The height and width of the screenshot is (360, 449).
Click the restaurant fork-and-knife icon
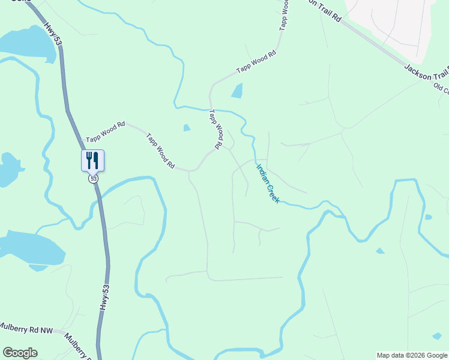click(92, 160)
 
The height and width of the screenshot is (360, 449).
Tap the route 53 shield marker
click(92, 179)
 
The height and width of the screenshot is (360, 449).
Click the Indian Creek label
click(268, 184)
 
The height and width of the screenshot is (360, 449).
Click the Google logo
click(20, 353)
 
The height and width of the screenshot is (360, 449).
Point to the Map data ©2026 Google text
click(412, 355)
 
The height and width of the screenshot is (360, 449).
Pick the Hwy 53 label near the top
click(53, 34)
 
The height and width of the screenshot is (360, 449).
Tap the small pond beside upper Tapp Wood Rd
click(237, 91)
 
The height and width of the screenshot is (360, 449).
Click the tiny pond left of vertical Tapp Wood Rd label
click(187, 127)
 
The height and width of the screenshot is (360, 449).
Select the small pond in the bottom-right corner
click(437, 336)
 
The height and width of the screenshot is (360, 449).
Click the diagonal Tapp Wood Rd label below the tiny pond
click(160, 151)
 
